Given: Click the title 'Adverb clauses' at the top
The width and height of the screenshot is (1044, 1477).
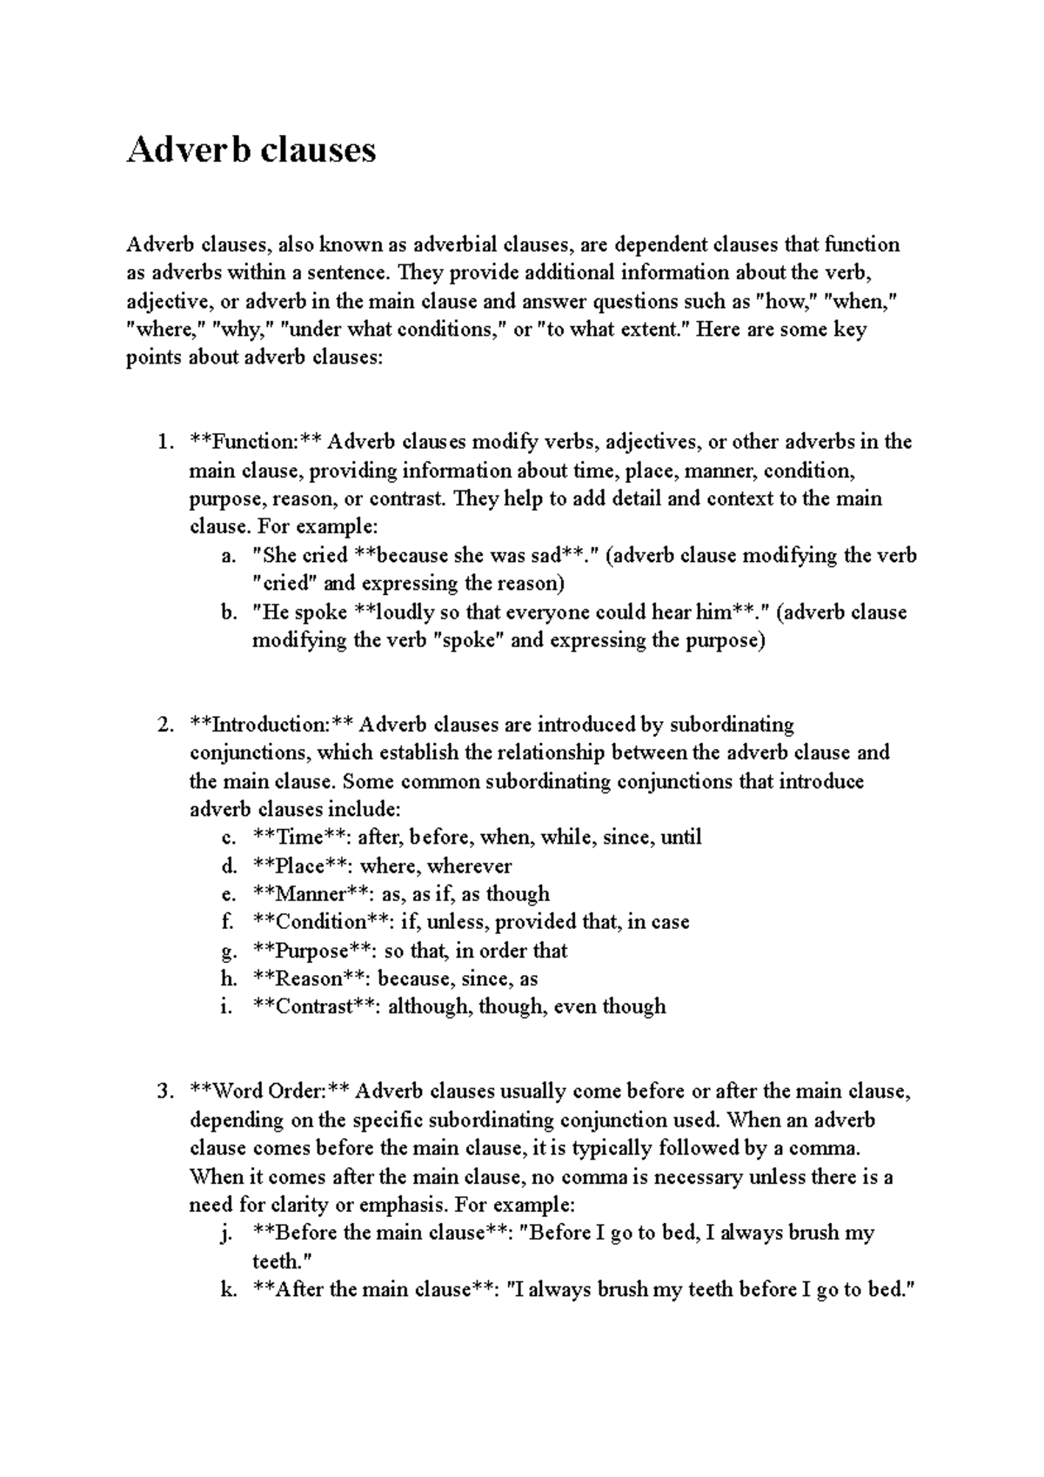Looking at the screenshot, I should [x=251, y=150].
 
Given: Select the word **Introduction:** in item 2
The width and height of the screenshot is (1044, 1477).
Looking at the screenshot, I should [x=271, y=725].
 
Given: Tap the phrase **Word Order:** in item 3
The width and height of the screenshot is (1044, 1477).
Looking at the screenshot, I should [x=270, y=1092].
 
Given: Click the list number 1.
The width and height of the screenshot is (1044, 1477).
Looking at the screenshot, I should [x=165, y=442].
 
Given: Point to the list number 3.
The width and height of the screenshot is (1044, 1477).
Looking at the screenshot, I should [x=165, y=1092].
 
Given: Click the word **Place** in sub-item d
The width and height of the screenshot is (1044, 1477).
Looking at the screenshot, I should [x=301, y=866].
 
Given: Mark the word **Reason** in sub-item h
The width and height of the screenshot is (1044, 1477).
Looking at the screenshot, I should [x=309, y=979].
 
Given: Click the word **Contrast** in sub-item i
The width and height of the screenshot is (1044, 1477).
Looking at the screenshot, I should [x=314, y=1006].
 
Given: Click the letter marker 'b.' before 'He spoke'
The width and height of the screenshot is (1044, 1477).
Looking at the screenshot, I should [x=229, y=612].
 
